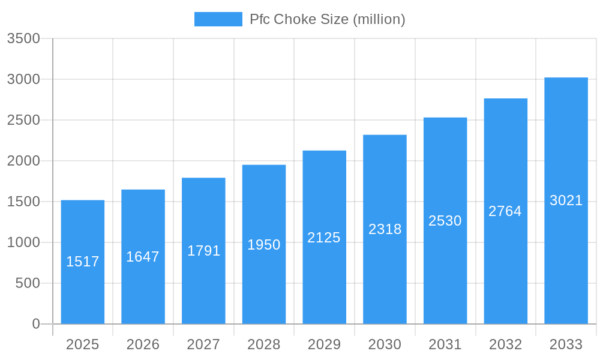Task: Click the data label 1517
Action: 83,262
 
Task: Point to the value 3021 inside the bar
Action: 566,200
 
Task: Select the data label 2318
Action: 385,229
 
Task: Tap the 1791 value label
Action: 203,251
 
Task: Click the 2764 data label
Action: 505,211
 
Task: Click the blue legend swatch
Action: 218,19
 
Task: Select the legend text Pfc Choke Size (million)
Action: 328,19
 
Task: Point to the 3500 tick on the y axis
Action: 23,38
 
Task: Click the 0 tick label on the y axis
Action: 35,324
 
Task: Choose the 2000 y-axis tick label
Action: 23,161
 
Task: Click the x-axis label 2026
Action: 143,344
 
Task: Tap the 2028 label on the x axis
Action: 264,344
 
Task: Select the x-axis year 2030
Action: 385,344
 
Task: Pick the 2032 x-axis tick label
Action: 505,344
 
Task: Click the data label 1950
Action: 264,245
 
